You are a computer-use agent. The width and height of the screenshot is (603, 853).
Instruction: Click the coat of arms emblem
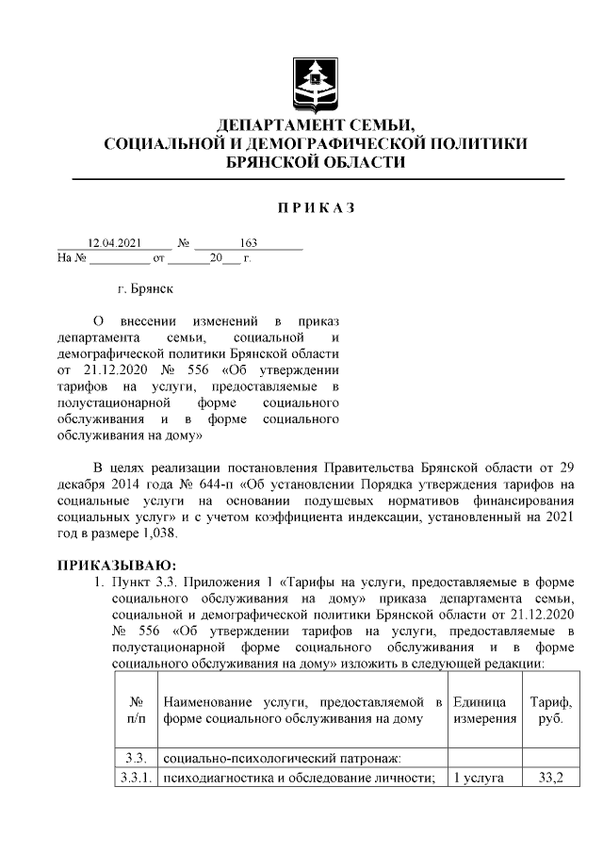(x=314, y=84)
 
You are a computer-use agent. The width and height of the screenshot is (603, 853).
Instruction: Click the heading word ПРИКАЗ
(x=314, y=206)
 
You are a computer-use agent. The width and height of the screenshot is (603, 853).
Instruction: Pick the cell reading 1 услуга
(x=483, y=778)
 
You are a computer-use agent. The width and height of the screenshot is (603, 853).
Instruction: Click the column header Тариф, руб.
(x=551, y=711)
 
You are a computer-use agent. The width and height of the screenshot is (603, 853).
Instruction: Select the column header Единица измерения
(x=484, y=711)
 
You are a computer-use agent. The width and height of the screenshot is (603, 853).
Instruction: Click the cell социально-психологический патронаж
(x=283, y=757)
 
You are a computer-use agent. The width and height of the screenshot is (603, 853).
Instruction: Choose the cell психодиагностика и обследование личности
(x=298, y=778)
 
